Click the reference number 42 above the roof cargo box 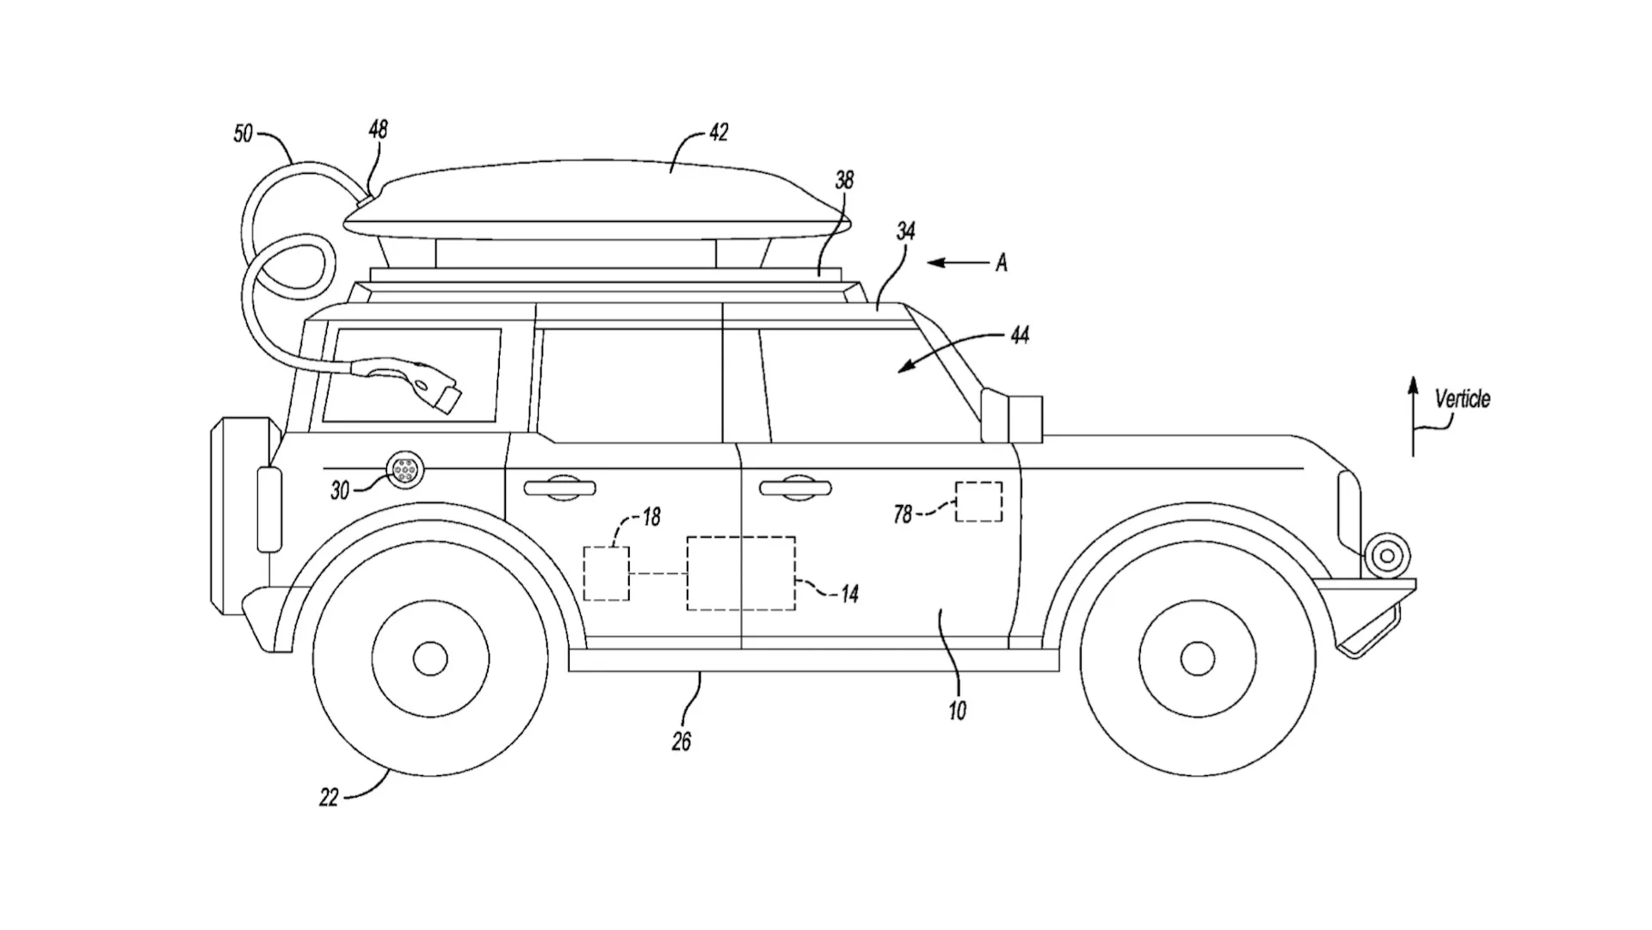pos(718,132)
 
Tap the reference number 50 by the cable pos(243,134)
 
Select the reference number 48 pos(378,129)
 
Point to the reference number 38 pos(844,180)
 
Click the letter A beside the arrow pos(1002,263)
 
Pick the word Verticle pos(1462,399)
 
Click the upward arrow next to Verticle pos(1413,416)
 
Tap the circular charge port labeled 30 pos(403,470)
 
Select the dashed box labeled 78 pos(979,502)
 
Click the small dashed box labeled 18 pos(607,573)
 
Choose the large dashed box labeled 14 pos(741,574)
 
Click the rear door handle pos(560,488)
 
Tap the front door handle pos(795,488)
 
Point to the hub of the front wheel pos(1197,659)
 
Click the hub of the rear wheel pos(430,659)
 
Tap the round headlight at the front pos(1386,556)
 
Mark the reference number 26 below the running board pos(681,742)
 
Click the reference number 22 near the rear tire pos(329,798)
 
